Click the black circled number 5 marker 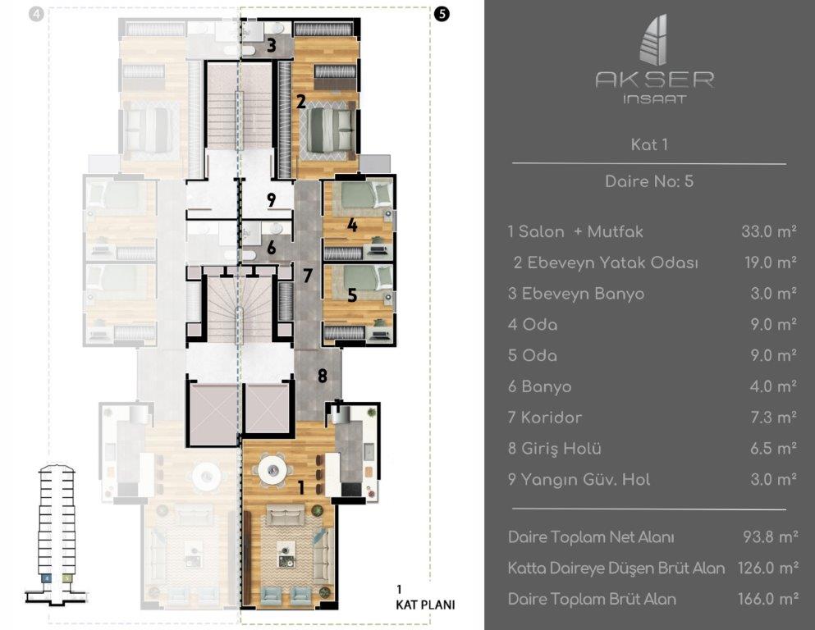442,14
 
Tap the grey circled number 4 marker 36,14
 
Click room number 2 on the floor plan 301,101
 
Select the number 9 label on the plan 272,200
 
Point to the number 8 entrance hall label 323,375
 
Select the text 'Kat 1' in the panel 649,144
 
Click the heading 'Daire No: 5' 649,181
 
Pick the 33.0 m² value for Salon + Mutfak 769,231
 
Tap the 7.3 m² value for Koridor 773,417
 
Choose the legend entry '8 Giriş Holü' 555,448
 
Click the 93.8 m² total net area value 771,536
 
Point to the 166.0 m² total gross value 768,599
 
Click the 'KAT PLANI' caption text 425,605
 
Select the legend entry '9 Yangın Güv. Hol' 579,479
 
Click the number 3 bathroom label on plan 272,46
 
